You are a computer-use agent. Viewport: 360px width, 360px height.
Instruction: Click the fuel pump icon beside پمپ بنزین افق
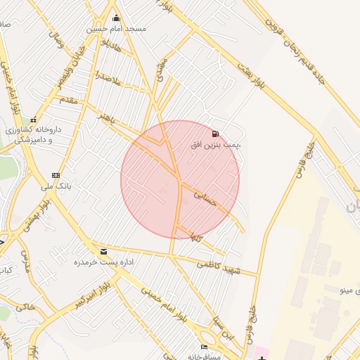(x=214, y=133)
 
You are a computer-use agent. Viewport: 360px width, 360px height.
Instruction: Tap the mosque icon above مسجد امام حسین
(x=116, y=18)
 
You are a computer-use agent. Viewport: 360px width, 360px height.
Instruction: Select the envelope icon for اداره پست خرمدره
(x=104, y=251)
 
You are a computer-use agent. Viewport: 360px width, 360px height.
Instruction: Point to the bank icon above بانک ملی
(x=56, y=175)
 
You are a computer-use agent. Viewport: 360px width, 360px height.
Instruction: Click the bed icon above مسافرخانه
(x=204, y=347)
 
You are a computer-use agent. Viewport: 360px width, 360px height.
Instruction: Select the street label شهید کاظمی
(x=218, y=266)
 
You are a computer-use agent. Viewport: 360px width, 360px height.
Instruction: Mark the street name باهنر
(x=108, y=117)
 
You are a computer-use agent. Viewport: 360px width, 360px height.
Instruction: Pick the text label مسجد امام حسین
(x=116, y=29)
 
